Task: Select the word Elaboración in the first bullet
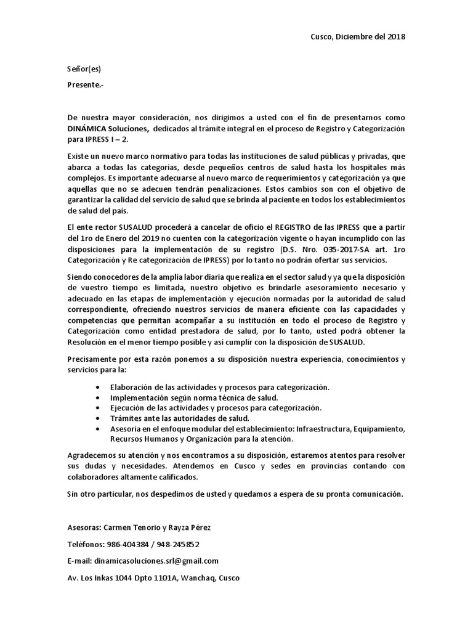[x=133, y=387]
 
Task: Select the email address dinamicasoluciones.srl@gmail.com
[x=156, y=561]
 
